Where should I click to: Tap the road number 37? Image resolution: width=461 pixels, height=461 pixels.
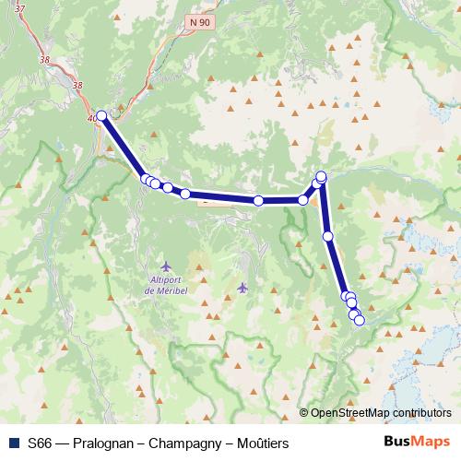[21, 8]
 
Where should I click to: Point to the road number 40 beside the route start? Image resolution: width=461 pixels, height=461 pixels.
[91, 119]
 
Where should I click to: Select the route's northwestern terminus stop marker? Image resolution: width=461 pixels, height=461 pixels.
[101, 116]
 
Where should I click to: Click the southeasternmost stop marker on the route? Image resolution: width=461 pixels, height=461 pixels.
[360, 320]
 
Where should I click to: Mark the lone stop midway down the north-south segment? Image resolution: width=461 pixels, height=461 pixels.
[328, 236]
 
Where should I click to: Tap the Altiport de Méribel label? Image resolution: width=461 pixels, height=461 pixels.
[168, 285]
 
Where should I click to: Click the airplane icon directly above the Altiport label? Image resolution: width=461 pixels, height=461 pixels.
[166, 266]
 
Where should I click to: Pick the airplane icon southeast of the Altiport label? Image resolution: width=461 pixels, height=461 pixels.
[242, 286]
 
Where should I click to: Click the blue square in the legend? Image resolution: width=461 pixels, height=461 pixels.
[13, 443]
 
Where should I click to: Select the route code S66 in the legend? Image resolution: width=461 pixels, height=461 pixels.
[40, 443]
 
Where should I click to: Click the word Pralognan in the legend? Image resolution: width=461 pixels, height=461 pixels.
[103, 443]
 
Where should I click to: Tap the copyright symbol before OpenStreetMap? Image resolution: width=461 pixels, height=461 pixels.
[303, 413]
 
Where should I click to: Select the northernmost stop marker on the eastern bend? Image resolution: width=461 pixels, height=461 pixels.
[322, 176]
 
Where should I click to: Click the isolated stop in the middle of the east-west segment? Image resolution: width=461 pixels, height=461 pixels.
[259, 200]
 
